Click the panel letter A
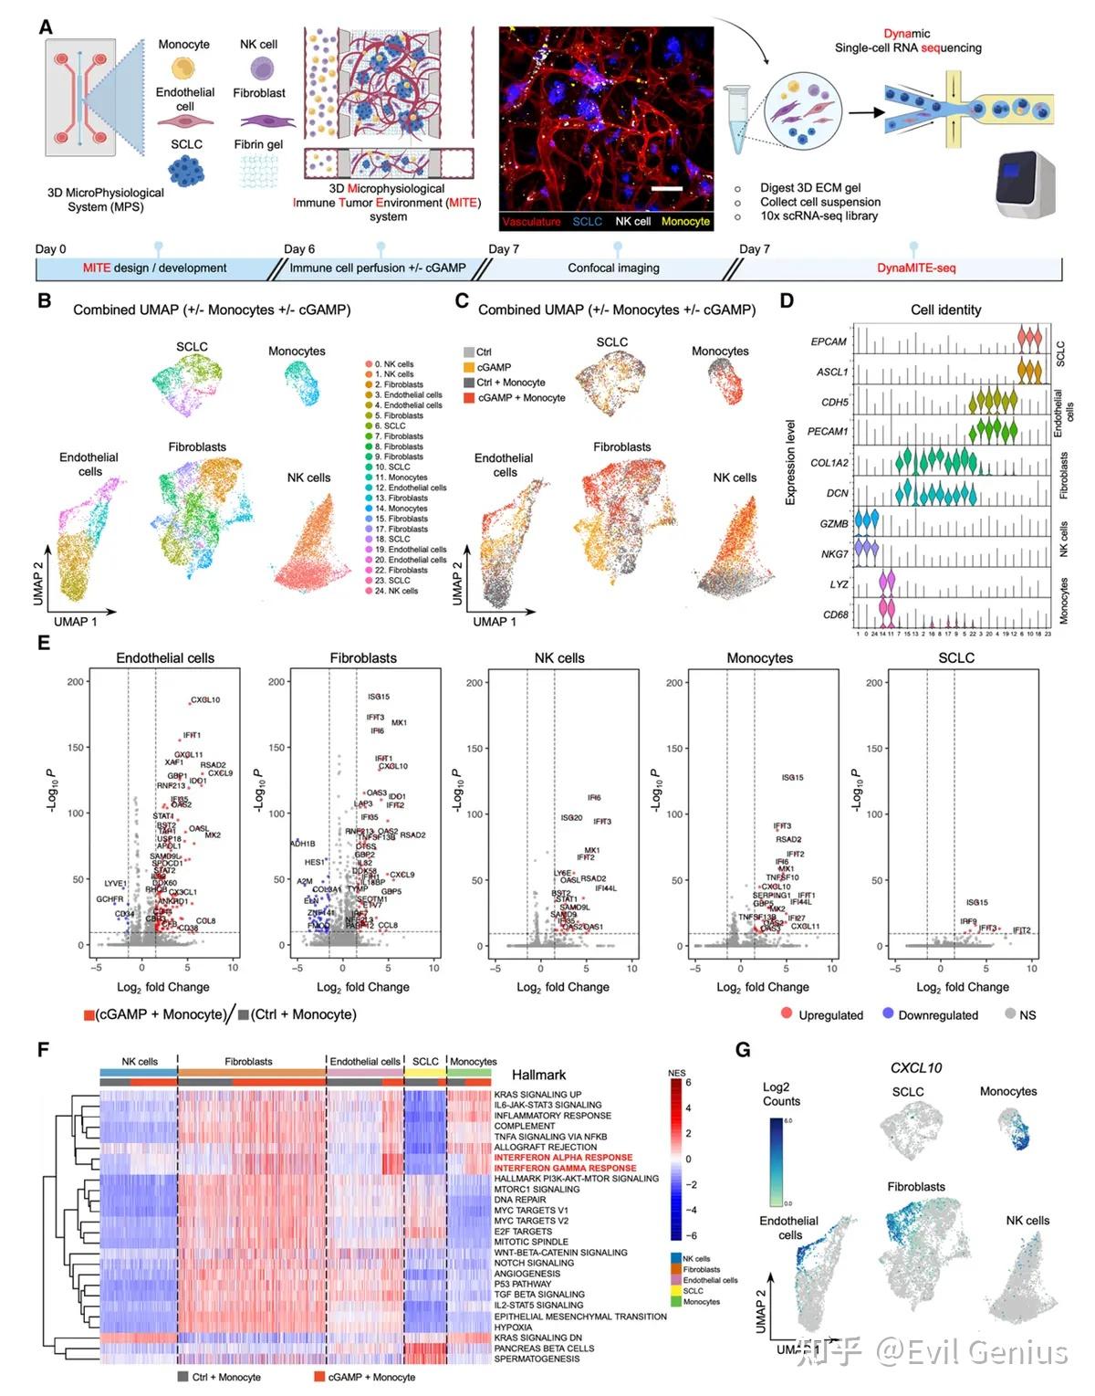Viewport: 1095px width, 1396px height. [x=46, y=26]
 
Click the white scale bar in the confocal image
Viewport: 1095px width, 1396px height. [x=668, y=189]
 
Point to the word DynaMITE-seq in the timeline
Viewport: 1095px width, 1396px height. [x=916, y=268]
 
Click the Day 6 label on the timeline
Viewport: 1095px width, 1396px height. [x=299, y=248]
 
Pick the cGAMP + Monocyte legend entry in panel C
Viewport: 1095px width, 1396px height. [x=521, y=398]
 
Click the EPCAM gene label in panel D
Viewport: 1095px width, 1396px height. [x=829, y=341]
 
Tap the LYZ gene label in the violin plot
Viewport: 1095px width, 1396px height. [x=839, y=584]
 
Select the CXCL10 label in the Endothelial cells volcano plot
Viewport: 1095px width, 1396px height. [x=205, y=700]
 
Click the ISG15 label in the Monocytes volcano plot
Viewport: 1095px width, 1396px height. [x=792, y=778]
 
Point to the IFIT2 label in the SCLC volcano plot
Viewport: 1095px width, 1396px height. [x=1021, y=930]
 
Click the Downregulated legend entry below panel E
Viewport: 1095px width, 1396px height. [x=930, y=1015]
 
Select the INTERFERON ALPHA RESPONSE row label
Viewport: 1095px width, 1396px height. [x=563, y=1158]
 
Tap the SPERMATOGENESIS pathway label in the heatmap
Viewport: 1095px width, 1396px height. [x=537, y=1359]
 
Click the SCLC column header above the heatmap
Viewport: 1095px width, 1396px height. [x=425, y=1062]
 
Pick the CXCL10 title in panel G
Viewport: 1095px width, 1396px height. [x=916, y=1067]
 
